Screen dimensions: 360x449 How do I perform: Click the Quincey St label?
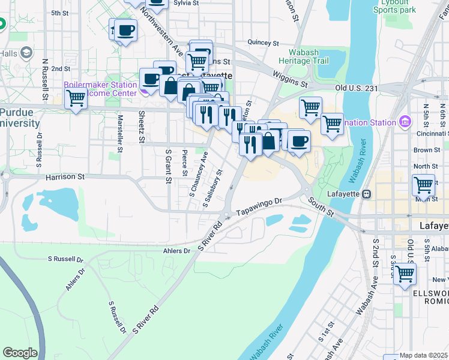[264, 43]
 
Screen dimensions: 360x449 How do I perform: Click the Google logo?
[20, 352]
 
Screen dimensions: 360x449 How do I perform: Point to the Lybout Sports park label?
[394, 7]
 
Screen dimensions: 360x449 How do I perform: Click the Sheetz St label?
[142, 127]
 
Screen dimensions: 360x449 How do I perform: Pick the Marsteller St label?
[120, 133]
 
